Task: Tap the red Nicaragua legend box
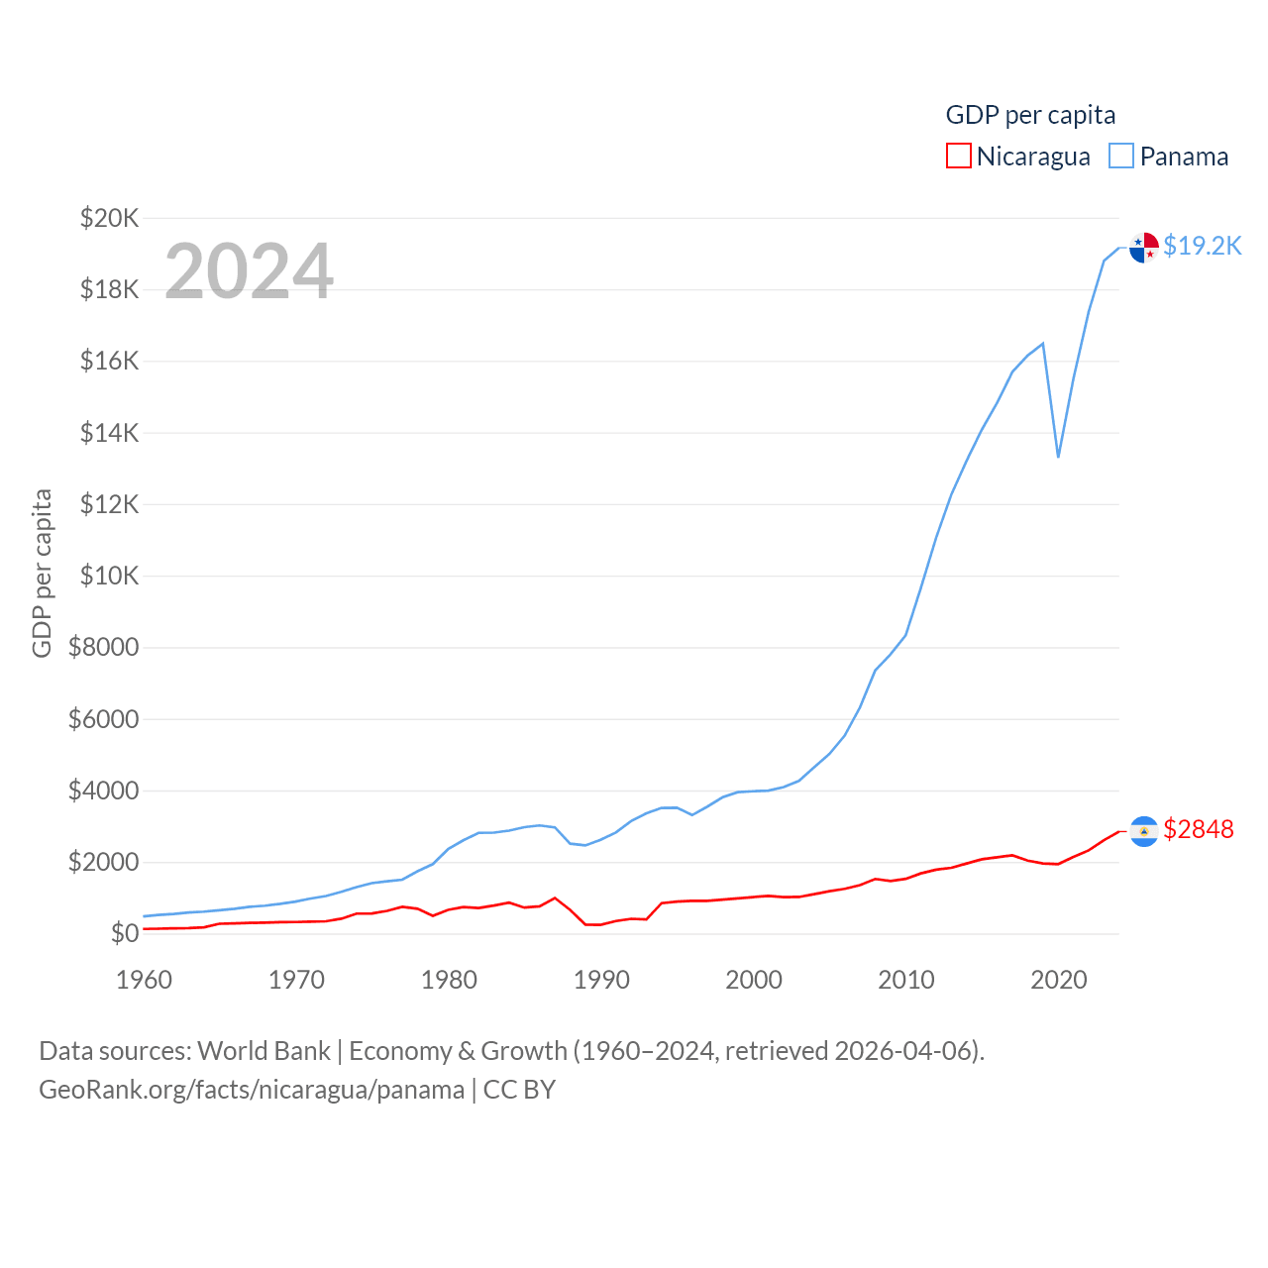[958, 157]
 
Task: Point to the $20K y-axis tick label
[109, 218]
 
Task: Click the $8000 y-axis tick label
[103, 648]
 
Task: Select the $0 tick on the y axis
[124, 933]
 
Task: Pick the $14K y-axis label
[109, 433]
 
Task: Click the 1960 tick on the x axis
[144, 980]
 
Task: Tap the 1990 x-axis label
[601, 980]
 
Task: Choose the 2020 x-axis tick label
[1059, 980]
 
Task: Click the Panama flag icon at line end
[1144, 247]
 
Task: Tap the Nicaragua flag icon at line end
[1144, 831]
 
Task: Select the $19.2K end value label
[1202, 246]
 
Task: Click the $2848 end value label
[1199, 829]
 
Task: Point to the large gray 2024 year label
[249, 270]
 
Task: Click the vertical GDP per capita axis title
[42, 573]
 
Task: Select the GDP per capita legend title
[1030, 115]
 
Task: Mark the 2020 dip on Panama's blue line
[1058, 457]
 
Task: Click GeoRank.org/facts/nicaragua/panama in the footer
[252, 1090]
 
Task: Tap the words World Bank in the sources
[264, 1051]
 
